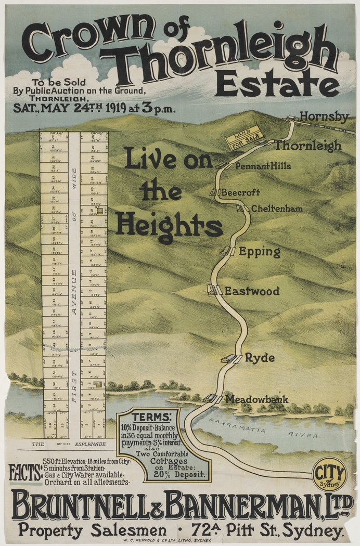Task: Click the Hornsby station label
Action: (x=324, y=116)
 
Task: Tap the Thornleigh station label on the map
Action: (x=308, y=146)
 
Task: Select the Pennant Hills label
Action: (x=263, y=166)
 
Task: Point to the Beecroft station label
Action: (x=241, y=192)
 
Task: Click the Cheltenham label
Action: (x=276, y=209)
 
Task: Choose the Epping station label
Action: (x=260, y=252)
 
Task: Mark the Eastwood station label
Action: (x=252, y=291)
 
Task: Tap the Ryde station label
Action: (x=260, y=358)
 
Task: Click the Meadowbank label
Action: (x=256, y=399)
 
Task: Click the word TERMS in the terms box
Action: (x=151, y=417)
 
